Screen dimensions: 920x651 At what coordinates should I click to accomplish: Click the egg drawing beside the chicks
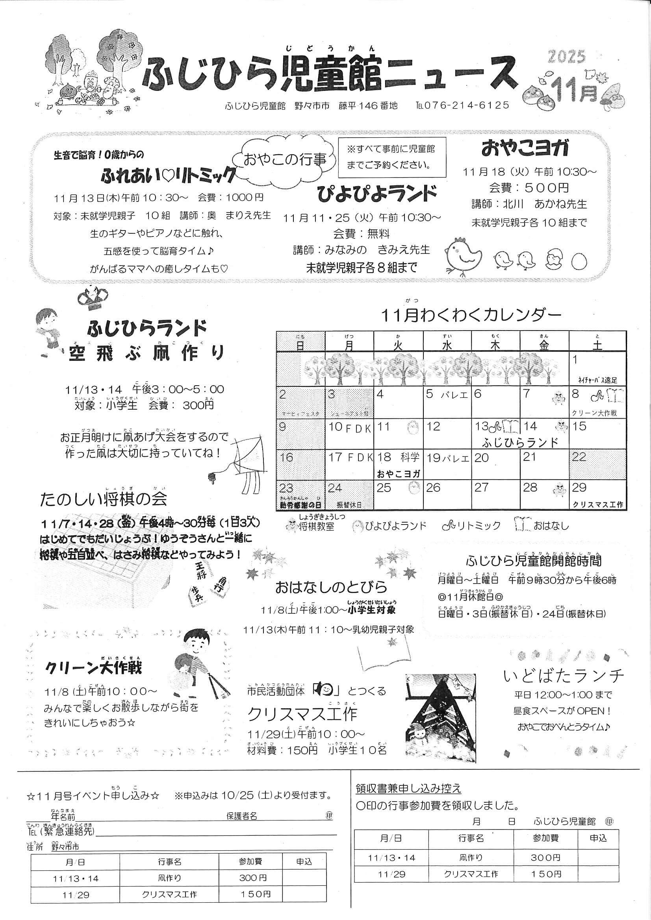tap(579, 261)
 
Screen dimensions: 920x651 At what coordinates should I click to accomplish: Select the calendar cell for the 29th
tap(597, 495)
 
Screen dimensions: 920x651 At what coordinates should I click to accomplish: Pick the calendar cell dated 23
tap(300, 495)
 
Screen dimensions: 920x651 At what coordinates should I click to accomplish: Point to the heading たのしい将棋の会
tap(104, 499)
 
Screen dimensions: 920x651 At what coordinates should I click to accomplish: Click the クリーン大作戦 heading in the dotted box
tap(93, 668)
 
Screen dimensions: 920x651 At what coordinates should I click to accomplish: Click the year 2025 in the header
tap(566, 57)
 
